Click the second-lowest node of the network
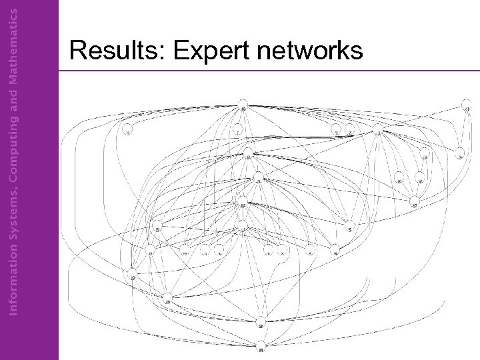[x=261, y=325]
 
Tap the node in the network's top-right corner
[x=467, y=109]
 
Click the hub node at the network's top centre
[x=243, y=109]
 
